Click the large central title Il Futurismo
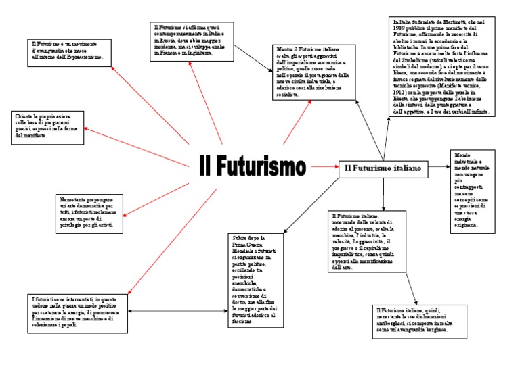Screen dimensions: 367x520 (x=253, y=166)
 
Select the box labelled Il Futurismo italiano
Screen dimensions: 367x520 (x=383, y=168)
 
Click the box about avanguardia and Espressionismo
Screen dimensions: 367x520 (x=71, y=52)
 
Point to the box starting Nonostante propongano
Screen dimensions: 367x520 (x=89, y=212)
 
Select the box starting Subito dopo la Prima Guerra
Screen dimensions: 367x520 (x=253, y=280)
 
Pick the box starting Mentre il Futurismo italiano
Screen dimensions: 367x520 (x=315, y=72)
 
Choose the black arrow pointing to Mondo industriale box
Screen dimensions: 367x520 (x=438, y=166)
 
